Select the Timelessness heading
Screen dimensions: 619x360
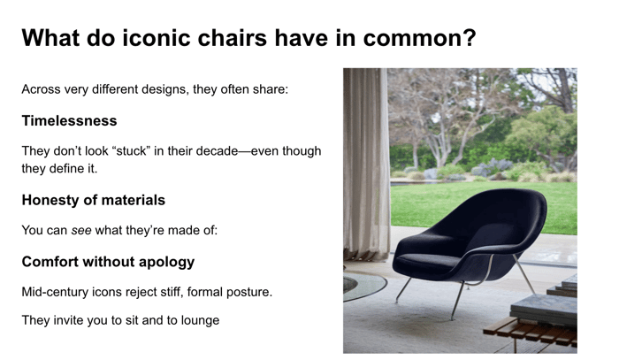coord(70,121)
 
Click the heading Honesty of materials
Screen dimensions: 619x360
coord(94,200)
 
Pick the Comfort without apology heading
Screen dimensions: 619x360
coord(108,262)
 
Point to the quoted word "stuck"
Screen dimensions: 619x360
coord(131,151)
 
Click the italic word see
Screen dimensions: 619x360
coord(81,231)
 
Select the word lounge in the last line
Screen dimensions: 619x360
coord(200,320)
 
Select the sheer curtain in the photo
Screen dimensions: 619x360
coord(365,164)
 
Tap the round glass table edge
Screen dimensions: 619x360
coord(365,288)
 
